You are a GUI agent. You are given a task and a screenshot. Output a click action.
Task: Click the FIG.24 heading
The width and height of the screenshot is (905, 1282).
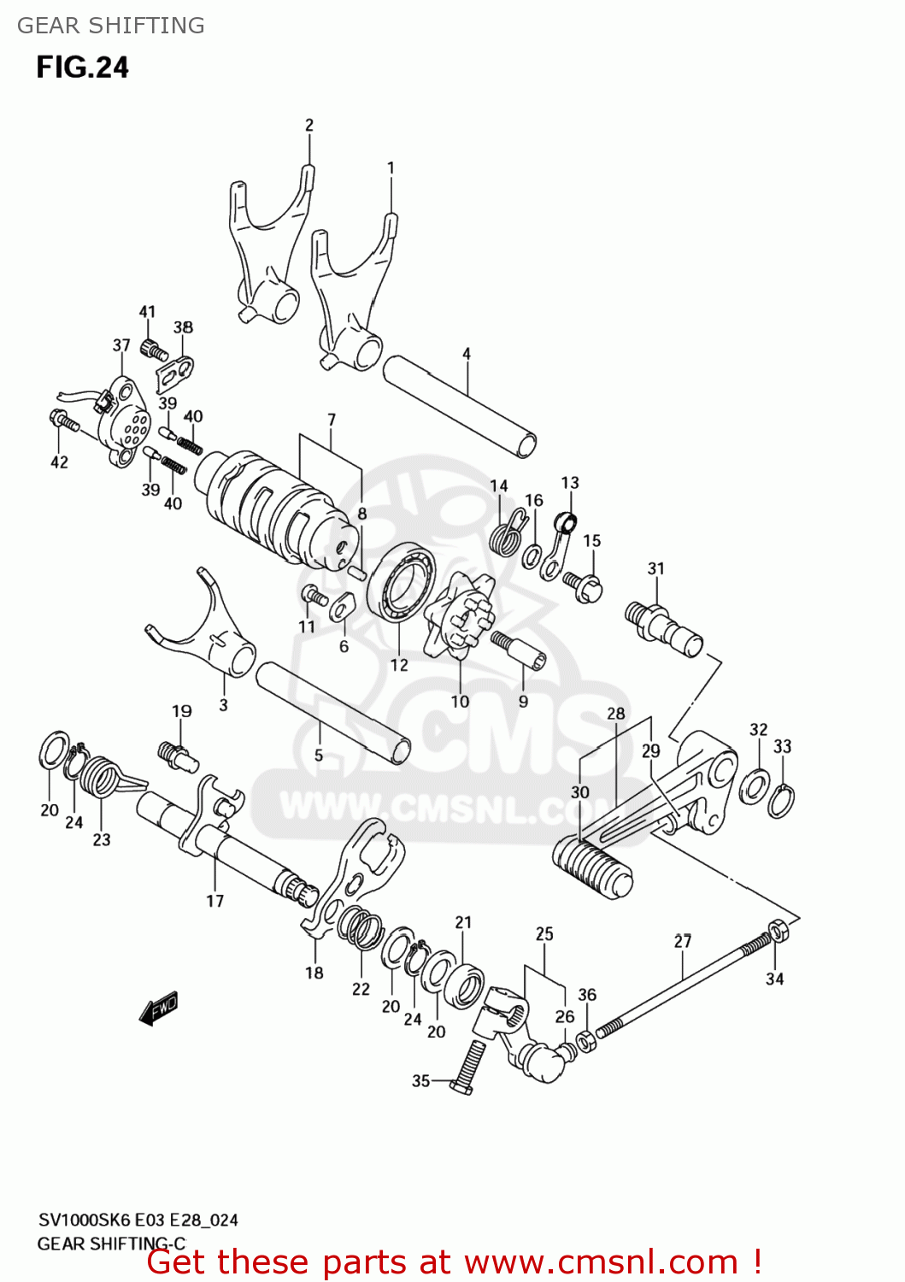[82, 68]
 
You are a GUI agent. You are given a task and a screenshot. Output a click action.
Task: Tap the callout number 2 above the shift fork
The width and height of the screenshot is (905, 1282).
[309, 125]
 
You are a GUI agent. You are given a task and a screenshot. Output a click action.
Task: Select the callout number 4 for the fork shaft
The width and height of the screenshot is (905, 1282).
[467, 353]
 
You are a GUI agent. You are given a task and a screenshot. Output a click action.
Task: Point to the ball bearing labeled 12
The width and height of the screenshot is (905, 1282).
[401, 585]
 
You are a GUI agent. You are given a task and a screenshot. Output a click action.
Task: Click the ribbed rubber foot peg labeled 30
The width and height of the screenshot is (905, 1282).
[593, 867]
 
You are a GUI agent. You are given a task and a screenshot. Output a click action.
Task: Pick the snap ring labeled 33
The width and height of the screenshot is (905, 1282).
[780, 802]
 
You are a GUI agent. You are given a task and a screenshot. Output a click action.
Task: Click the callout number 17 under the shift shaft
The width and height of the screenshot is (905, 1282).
[214, 901]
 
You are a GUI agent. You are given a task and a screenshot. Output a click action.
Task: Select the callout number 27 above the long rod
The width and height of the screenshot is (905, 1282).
[682, 941]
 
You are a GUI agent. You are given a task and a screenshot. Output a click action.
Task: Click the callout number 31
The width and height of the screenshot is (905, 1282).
[655, 568]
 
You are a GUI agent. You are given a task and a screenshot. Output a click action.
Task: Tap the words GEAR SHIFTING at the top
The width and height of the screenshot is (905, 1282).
[111, 26]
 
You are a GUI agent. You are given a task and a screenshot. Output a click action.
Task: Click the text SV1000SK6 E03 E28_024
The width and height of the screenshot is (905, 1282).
[138, 1220]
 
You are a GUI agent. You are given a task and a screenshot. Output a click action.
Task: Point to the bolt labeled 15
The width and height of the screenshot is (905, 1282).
[585, 585]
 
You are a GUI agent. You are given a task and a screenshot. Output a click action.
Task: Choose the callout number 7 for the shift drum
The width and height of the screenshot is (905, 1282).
[332, 420]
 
